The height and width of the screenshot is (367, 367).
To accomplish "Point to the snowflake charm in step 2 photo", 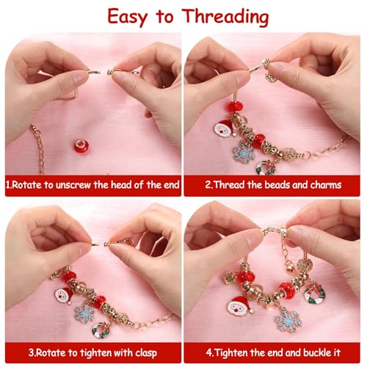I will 243,153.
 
